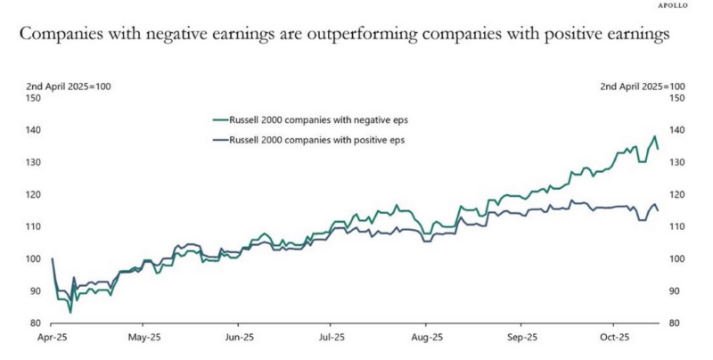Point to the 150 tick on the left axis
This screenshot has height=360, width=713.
click(x=35, y=98)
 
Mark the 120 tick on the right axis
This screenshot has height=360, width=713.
click(x=676, y=194)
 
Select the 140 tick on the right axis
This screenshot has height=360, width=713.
click(x=676, y=130)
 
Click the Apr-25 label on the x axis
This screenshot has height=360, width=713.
click(x=53, y=339)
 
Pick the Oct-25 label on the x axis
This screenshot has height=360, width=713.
click(x=614, y=339)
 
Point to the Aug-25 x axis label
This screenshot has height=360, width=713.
click(x=425, y=339)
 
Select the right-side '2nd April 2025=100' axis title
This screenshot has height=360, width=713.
click(x=642, y=86)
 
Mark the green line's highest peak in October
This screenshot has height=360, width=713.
click(x=655, y=136)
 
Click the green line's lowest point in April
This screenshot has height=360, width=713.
click(x=70, y=312)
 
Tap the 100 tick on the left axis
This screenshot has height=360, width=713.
click(x=35, y=259)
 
